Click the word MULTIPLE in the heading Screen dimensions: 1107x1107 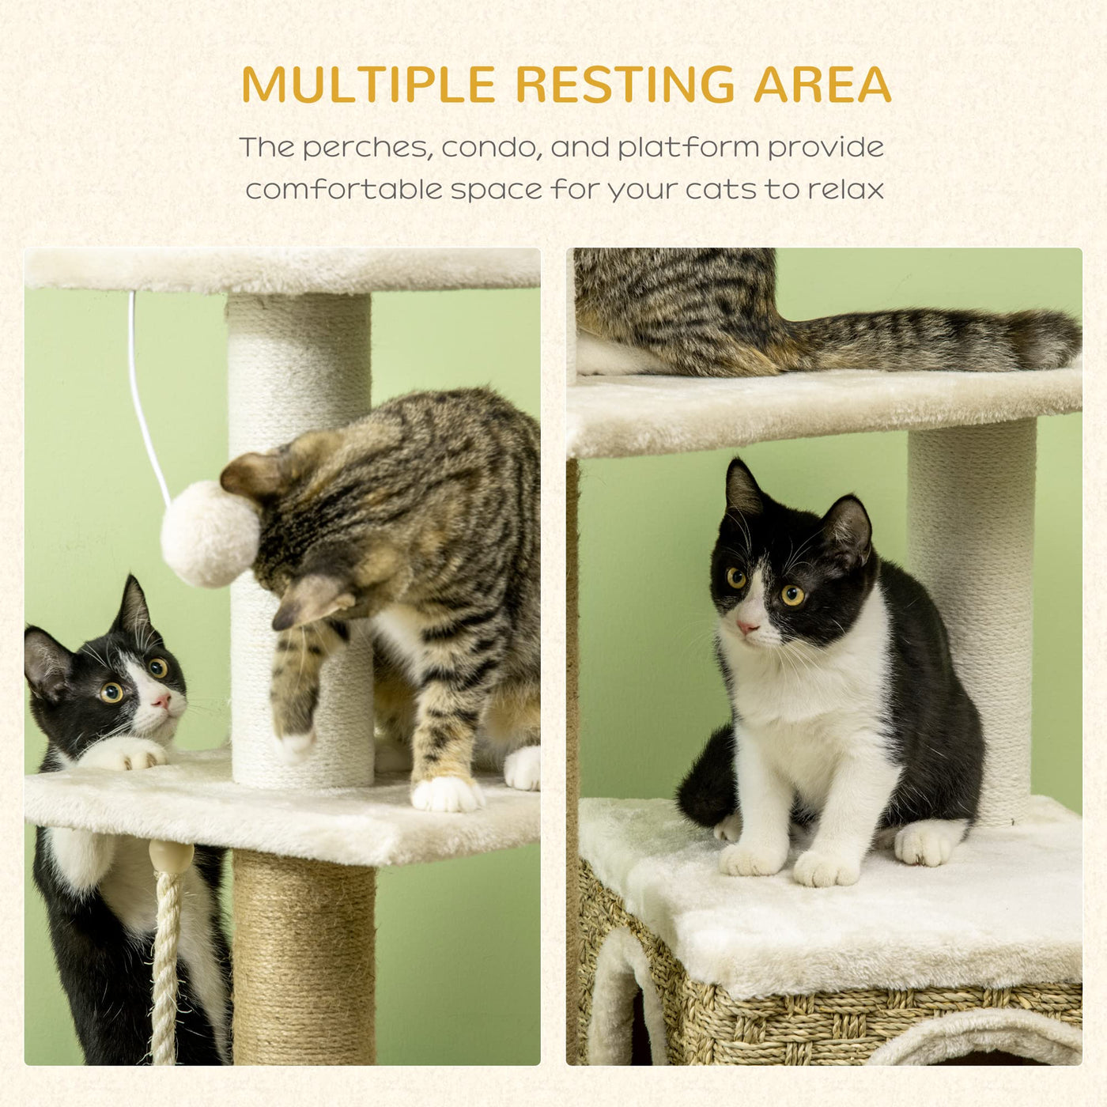pyautogui.click(x=368, y=85)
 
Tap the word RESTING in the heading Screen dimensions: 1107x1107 pyautogui.click(x=625, y=85)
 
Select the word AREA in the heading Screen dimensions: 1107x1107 pyautogui.click(x=822, y=85)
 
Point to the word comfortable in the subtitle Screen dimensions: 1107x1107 pyautogui.click(x=344, y=190)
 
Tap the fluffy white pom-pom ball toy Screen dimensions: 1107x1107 pyautogui.click(x=210, y=534)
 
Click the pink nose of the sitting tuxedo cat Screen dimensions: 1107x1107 pyautogui.click(x=746, y=627)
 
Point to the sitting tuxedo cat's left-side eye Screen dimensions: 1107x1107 pyautogui.click(x=735, y=577)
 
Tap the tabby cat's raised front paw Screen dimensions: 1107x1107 pyautogui.click(x=295, y=742)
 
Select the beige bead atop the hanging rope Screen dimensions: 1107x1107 pyautogui.click(x=172, y=858)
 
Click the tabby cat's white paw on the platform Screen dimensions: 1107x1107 pyautogui.click(x=447, y=793)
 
